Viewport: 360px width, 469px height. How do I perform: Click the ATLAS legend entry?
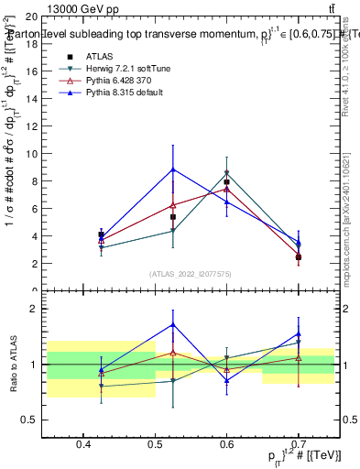point(99,56)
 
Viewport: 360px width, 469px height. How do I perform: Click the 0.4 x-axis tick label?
point(84,444)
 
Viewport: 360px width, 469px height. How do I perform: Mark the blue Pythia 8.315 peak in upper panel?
point(173,169)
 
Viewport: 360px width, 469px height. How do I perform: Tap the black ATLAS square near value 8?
point(226,182)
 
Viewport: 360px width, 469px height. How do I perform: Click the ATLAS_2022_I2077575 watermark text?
point(191,274)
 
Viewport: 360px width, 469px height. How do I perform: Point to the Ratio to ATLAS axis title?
point(13,365)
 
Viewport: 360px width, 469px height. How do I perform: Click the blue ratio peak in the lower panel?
point(173,324)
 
